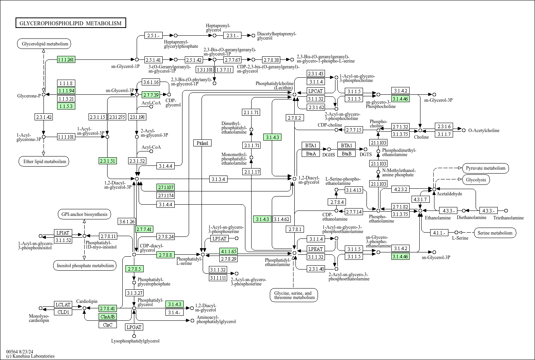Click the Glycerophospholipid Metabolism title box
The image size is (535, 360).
point(71,23)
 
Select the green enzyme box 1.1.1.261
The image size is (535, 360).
point(66,59)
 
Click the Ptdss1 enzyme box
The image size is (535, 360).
point(202,143)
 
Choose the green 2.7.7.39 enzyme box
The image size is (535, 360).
point(151,95)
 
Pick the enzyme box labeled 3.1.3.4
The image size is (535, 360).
point(219,179)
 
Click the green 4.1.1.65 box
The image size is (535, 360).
point(228,251)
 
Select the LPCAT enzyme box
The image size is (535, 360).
point(316,91)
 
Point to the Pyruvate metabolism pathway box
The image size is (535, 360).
point(486,168)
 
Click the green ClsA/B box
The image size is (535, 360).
point(108,317)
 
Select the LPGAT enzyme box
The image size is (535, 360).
point(134,327)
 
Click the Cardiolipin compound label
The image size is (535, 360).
point(87,301)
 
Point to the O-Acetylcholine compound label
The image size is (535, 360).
point(484,130)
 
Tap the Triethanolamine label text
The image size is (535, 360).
point(508,218)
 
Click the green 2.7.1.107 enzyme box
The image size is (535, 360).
point(166,187)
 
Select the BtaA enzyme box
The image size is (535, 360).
point(311,153)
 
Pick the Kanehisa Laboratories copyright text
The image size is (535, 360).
point(30,356)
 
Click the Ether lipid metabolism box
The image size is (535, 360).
point(43,162)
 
